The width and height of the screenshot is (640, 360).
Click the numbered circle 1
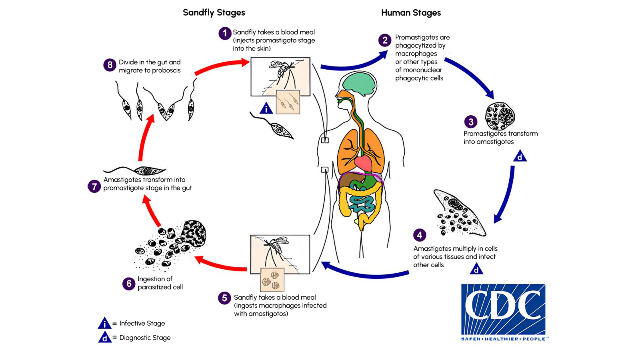click(225, 33)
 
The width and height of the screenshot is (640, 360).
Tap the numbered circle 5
click(224, 298)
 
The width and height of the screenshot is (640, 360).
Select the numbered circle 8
click(110, 65)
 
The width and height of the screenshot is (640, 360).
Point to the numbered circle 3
click(471, 122)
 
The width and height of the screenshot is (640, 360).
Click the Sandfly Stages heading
click(214, 12)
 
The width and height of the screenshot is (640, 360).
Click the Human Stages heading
click(411, 13)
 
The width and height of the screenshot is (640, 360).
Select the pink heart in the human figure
click(363, 163)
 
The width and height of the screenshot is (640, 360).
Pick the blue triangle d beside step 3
click(520, 156)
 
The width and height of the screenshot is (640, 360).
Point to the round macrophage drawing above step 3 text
click(500, 116)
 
